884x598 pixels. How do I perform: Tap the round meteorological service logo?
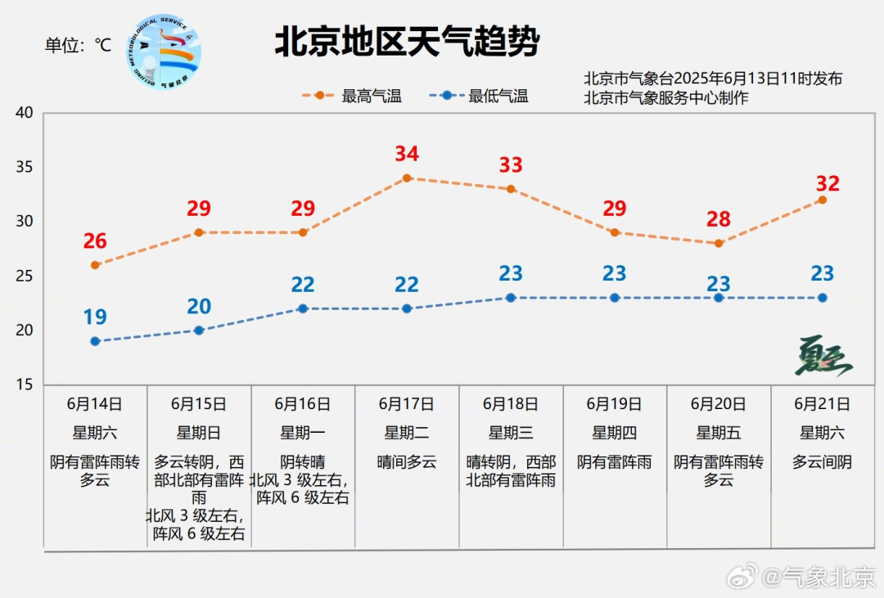[x=164, y=52]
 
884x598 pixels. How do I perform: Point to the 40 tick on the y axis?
[x=25, y=113]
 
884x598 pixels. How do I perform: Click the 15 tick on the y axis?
[x=25, y=384]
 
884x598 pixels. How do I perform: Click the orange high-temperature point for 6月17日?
[x=407, y=178]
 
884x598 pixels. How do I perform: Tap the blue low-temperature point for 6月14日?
[x=95, y=341]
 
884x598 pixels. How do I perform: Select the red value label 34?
[x=407, y=153]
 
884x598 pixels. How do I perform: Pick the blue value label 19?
[x=95, y=317]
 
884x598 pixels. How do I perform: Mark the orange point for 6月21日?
[x=823, y=200]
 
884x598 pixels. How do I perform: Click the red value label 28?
[x=719, y=218]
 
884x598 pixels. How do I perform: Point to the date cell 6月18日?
[x=511, y=404]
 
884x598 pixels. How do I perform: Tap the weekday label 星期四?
[x=615, y=433]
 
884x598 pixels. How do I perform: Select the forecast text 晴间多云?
[x=407, y=462]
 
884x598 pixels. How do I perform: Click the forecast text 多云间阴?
[x=823, y=462]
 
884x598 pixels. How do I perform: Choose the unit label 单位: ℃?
[x=79, y=45]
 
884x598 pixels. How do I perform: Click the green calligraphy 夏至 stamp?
[x=823, y=356]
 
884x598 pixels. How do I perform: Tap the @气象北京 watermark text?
[x=819, y=578]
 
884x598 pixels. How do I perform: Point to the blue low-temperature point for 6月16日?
[x=303, y=309]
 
